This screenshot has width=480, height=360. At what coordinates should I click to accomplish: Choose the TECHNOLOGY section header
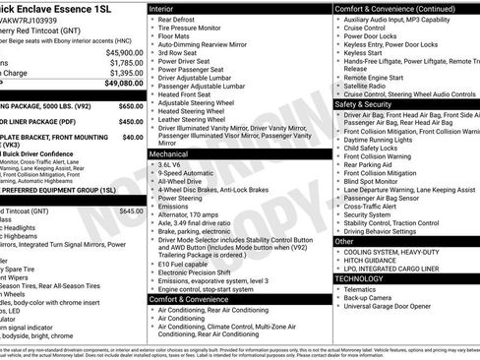tap(361, 278)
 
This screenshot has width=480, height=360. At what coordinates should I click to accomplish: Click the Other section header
tap(344, 241)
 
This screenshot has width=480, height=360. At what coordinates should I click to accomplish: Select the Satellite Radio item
tap(371, 86)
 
